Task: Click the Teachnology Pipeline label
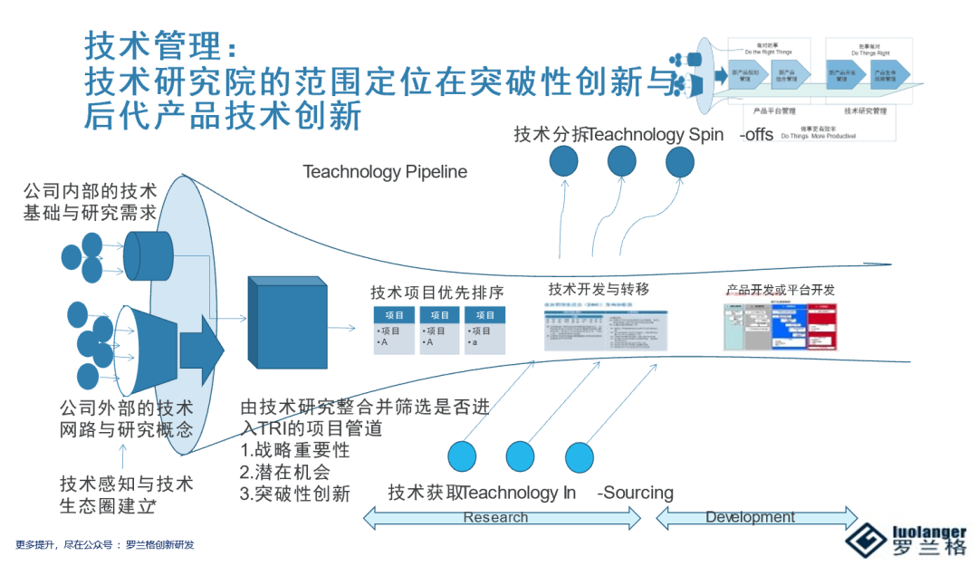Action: [385, 171]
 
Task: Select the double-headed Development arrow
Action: [755, 518]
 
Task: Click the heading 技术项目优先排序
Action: [436, 293]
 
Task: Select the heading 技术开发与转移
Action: [599, 289]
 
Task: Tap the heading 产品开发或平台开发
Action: [780, 290]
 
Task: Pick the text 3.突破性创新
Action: [294, 494]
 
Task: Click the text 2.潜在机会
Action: [284, 472]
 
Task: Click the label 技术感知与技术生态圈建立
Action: [126, 494]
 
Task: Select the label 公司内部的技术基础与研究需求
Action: [90, 202]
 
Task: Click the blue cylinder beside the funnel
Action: [148, 254]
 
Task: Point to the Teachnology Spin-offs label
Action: [643, 135]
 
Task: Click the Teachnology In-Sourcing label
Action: [531, 493]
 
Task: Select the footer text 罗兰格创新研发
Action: [159, 545]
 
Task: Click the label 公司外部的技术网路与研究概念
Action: [126, 418]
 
